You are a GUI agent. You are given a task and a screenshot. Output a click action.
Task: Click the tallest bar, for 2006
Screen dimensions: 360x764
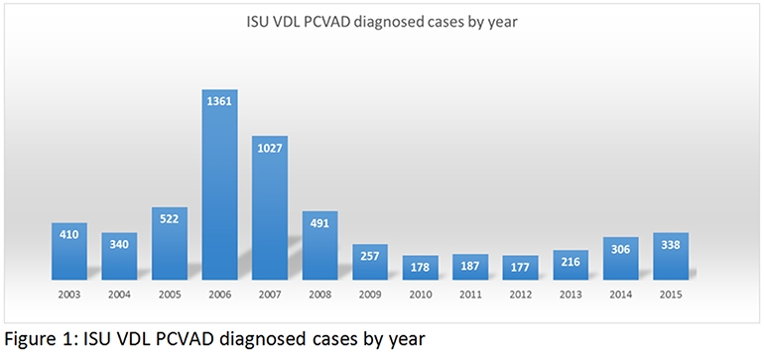(219, 183)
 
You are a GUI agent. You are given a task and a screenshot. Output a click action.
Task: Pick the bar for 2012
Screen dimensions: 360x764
(520, 267)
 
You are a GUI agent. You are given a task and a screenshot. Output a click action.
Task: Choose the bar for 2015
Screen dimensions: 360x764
(671, 255)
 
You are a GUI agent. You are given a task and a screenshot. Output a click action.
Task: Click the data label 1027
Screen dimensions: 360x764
(269, 149)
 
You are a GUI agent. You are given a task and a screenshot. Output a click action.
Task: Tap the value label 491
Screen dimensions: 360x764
(319, 224)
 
